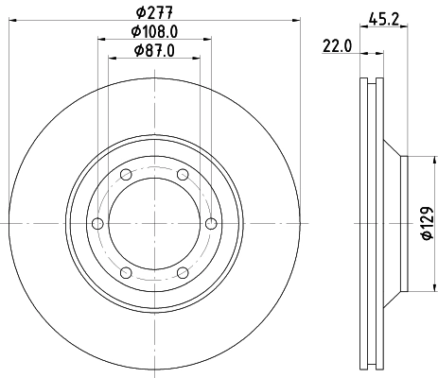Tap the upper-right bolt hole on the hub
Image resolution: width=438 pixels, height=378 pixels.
click(x=181, y=174)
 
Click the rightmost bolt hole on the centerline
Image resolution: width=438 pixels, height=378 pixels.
click(x=209, y=223)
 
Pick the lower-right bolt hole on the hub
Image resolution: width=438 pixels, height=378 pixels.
click(x=181, y=272)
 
